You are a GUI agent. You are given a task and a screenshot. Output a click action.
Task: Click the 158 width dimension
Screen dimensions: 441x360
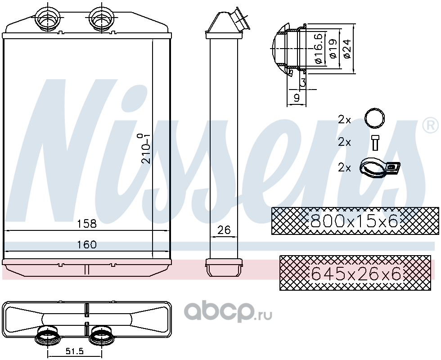pos(87,224)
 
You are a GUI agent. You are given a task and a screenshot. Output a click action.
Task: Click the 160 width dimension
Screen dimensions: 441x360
pos(87,244)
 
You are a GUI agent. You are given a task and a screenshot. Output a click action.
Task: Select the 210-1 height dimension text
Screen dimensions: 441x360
pos(145,148)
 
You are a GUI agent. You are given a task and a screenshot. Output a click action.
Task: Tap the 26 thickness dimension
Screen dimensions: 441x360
pos(224,230)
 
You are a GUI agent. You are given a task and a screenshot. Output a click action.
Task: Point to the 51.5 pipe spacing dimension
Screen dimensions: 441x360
pos(75,351)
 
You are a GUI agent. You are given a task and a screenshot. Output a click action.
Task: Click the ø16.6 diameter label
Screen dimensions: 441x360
pos(319,49)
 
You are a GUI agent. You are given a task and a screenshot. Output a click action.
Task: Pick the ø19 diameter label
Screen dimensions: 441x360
pos(333,49)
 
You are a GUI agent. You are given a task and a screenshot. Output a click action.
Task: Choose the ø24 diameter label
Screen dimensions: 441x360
pos(347,49)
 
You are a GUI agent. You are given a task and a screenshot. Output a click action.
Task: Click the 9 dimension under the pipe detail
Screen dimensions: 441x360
pos(297,98)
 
